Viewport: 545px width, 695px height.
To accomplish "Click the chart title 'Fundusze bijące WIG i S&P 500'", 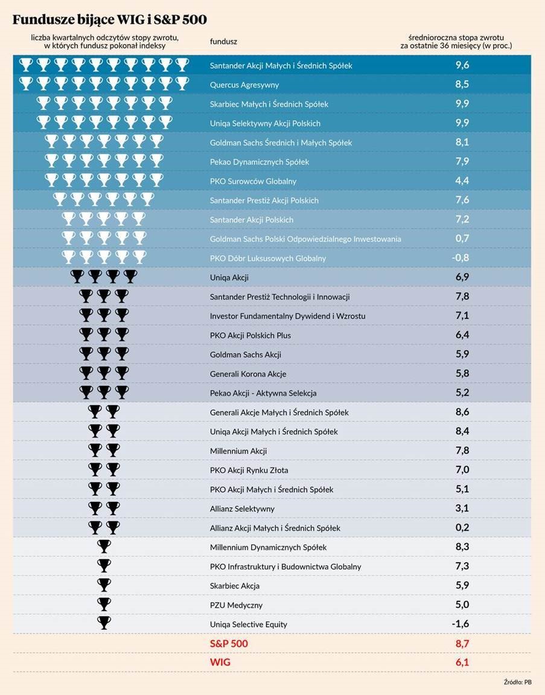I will [x=110, y=20].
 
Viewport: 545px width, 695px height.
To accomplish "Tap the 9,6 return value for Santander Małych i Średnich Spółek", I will [x=462, y=65].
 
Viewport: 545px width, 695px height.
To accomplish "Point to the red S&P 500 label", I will [x=229, y=644].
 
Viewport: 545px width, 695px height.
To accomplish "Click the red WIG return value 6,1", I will [x=462, y=662].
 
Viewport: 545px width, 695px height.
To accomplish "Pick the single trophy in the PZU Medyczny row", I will [x=104, y=605].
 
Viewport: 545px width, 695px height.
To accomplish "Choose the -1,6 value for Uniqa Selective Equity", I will [x=462, y=624].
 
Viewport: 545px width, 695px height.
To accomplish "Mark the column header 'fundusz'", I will [x=223, y=42].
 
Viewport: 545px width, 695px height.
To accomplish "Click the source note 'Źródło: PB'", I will [x=517, y=682].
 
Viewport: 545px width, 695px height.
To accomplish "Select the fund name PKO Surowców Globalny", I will [x=253, y=181].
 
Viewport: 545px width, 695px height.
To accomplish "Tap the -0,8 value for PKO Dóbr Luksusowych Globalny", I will [x=462, y=258].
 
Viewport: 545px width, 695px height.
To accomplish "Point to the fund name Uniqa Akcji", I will [x=229, y=278].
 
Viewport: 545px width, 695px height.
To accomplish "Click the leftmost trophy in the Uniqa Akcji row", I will [x=77, y=277].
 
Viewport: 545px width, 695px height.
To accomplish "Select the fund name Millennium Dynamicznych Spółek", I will [x=268, y=547].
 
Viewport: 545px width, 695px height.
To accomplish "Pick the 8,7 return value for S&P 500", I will [x=462, y=644].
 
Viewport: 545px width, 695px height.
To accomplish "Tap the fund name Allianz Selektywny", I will [x=242, y=509].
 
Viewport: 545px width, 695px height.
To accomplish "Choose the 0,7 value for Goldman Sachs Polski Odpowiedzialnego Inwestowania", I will [x=462, y=238].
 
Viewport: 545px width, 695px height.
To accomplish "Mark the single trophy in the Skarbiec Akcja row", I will [x=104, y=585].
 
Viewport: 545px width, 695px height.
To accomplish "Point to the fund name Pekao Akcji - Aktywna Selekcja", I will [x=263, y=393].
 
